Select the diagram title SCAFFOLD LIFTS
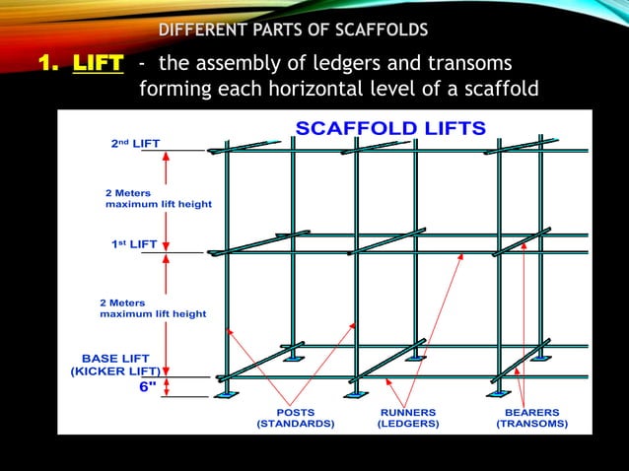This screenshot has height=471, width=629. pyautogui.click(x=391, y=129)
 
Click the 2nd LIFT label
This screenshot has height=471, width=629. pyautogui.click(x=136, y=143)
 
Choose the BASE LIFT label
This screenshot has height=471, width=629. pyautogui.click(x=114, y=359)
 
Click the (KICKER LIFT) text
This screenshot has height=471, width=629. pyautogui.click(x=112, y=372)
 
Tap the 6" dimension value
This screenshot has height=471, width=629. pyautogui.click(x=147, y=387)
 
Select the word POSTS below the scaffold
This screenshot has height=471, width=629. pyautogui.click(x=295, y=412)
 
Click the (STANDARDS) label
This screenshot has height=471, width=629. pyautogui.click(x=295, y=424)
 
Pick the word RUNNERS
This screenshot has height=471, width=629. pyautogui.click(x=408, y=412)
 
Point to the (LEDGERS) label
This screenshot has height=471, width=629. pyautogui.click(x=408, y=424)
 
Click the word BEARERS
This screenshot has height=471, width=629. pyautogui.click(x=531, y=412)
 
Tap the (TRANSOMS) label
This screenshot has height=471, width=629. pyautogui.click(x=531, y=424)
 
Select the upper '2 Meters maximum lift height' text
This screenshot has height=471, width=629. pyautogui.click(x=158, y=198)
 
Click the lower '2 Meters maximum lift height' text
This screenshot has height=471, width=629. pyautogui.click(x=154, y=307)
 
